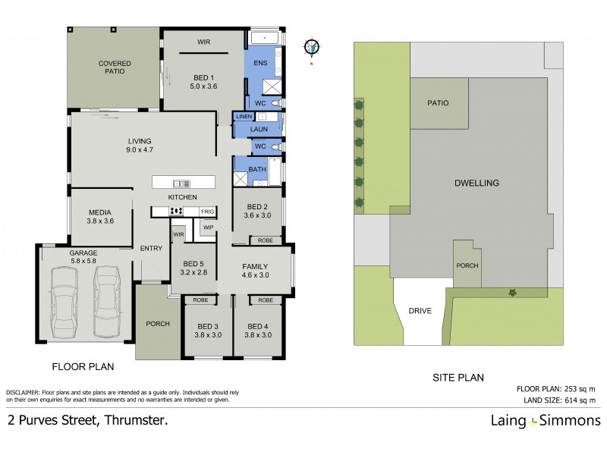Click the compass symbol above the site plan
pos(310,47)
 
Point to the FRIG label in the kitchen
pos(206,212)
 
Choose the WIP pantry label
pos(208,227)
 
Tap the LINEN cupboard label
pos(243,117)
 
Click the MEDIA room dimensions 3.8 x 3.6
pos(102,221)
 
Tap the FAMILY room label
pos(256,267)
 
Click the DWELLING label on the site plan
pos(476,183)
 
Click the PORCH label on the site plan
pos(466,267)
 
